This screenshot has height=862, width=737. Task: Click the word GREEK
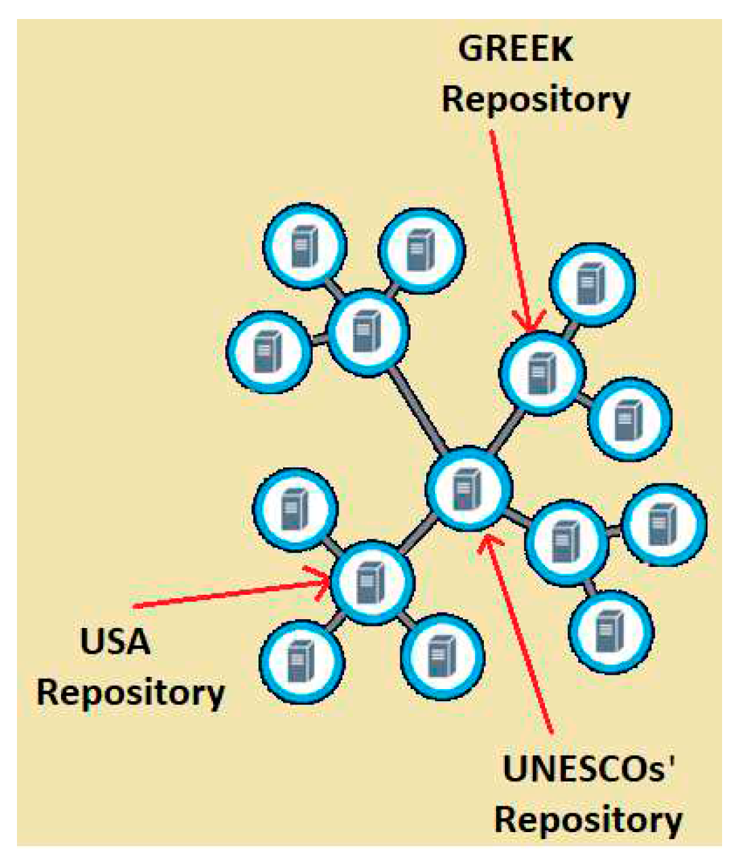point(516,50)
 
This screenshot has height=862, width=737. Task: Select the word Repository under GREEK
point(535,99)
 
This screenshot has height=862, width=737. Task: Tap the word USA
point(115,642)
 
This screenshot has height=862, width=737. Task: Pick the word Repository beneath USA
point(130,692)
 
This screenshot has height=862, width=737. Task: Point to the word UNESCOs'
point(590,770)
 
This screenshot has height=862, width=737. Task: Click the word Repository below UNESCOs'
point(588,819)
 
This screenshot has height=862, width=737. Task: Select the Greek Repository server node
point(542,371)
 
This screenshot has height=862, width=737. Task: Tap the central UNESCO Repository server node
point(468,488)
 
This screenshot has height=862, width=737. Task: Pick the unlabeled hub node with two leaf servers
point(566,539)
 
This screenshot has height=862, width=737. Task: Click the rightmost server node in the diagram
point(664,524)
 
